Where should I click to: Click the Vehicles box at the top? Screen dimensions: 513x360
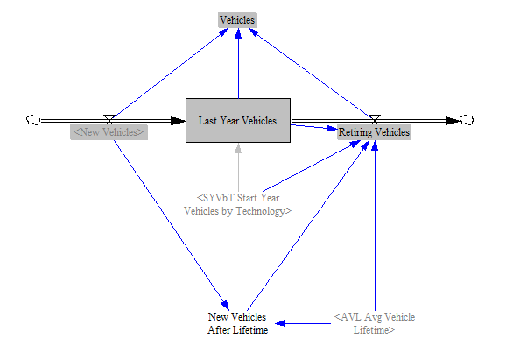pos(237,20)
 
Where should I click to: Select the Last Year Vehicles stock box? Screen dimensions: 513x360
pos(238,120)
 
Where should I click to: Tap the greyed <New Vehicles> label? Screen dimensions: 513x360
pos(109,132)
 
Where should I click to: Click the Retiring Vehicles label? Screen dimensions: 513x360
pos(374,132)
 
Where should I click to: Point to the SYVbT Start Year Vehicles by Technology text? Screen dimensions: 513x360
pos(237,205)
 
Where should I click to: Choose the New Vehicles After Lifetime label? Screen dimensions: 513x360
pos(237,323)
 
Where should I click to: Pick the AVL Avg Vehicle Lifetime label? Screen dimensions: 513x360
pos(375,323)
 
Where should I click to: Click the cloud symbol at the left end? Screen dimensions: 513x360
pos(33,120)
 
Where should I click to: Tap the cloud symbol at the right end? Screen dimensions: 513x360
pos(467,120)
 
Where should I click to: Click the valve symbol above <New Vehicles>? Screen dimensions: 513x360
pos(109,119)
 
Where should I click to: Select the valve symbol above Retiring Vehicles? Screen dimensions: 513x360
pos(375,119)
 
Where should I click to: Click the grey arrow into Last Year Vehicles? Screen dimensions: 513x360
pos(238,168)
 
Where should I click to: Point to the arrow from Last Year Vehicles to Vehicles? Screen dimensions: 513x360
pos(238,63)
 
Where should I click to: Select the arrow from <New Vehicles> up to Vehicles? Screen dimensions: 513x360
pos(171,74)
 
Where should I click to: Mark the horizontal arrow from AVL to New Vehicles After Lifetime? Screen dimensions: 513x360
pos(303,323)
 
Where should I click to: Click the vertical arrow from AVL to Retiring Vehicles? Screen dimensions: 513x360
pos(375,226)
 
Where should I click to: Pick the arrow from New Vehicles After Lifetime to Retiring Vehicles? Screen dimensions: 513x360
pos(308,226)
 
